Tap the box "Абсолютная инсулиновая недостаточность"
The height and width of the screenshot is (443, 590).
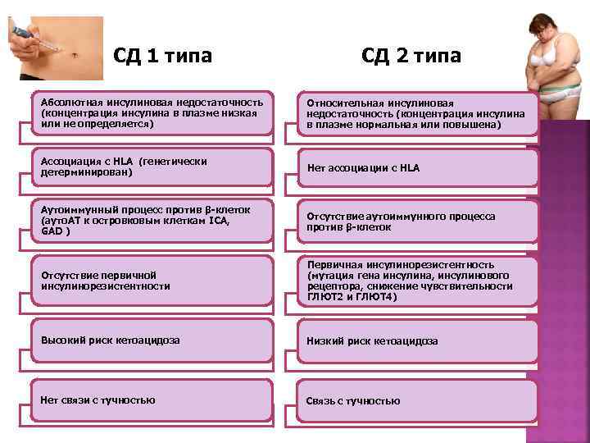151,113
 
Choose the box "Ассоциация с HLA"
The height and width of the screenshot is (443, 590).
151,167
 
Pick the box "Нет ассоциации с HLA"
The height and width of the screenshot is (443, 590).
418,167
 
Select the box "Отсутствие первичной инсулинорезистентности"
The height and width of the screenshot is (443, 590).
151,281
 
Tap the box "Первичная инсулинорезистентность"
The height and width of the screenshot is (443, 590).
418,281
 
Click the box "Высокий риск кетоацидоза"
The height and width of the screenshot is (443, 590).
151,340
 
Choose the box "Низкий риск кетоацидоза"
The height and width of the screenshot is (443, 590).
418,340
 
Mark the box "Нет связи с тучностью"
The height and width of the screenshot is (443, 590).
151,400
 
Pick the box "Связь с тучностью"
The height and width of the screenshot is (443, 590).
418,400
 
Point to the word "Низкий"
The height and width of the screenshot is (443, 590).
324,340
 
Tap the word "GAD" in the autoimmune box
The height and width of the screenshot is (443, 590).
51,232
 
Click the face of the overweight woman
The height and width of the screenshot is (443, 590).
542,27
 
